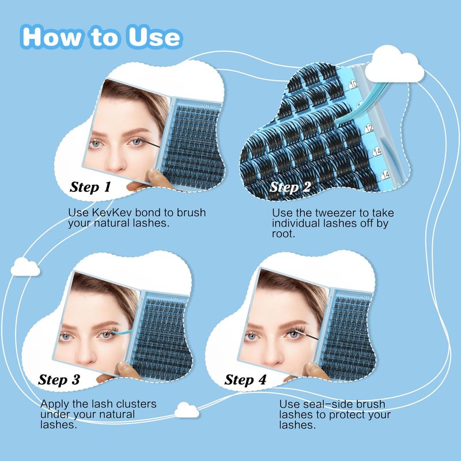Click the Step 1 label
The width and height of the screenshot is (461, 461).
click(x=90, y=187)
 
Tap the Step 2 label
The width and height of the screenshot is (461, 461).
click(x=290, y=187)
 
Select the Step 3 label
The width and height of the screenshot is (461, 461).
click(x=59, y=380)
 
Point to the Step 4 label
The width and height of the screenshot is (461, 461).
click(x=245, y=380)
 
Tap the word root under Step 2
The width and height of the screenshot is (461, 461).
click(x=284, y=234)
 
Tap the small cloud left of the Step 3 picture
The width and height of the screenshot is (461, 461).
click(x=25, y=267)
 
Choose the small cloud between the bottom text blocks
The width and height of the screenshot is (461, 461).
click(x=187, y=410)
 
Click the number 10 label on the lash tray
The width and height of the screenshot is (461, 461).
click(x=353, y=84)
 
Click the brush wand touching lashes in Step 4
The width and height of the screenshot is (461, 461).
click(x=307, y=335)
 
